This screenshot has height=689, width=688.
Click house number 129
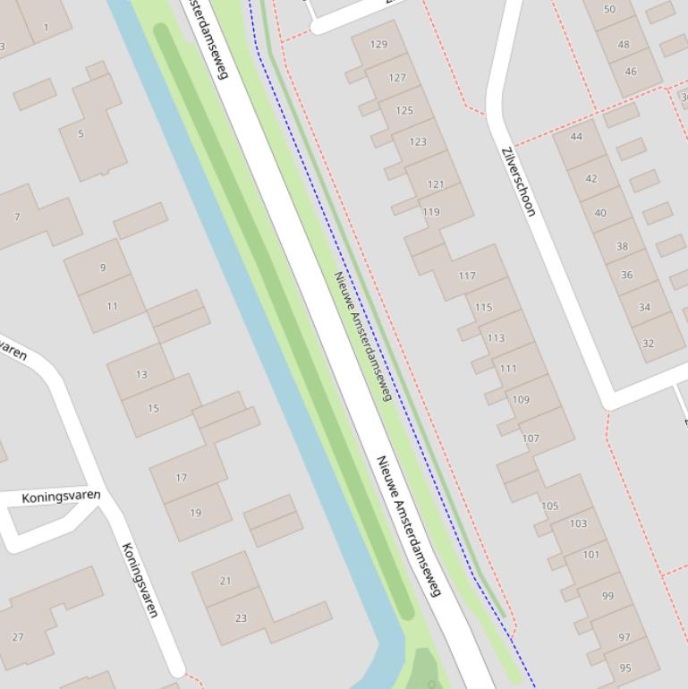coord(378,44)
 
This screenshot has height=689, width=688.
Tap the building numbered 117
coord(467,276)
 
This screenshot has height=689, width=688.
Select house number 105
coord(549,506)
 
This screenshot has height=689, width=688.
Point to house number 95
coord(625,667)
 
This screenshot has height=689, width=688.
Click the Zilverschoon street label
coord(519,182)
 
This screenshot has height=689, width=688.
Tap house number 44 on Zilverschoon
coord(576,137)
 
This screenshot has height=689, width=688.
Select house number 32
coord(649,343)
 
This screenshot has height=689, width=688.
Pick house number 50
coord(609,9)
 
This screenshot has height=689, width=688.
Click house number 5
coord(81,134)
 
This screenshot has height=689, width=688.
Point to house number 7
coord(17,217)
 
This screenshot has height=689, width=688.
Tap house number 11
coord(112,306)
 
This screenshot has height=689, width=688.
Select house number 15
coord(153,408)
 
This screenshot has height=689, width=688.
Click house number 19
coord(196,513)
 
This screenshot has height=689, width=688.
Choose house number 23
coord(241,617)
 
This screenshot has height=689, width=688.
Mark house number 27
coord(18,637)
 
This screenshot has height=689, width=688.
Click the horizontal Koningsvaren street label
coord(61,497)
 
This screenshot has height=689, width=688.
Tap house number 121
coord(436,184)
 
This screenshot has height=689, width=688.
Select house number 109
coord(520,400)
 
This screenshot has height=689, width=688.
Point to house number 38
coord(622,246)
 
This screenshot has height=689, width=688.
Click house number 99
coord(608,596)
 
